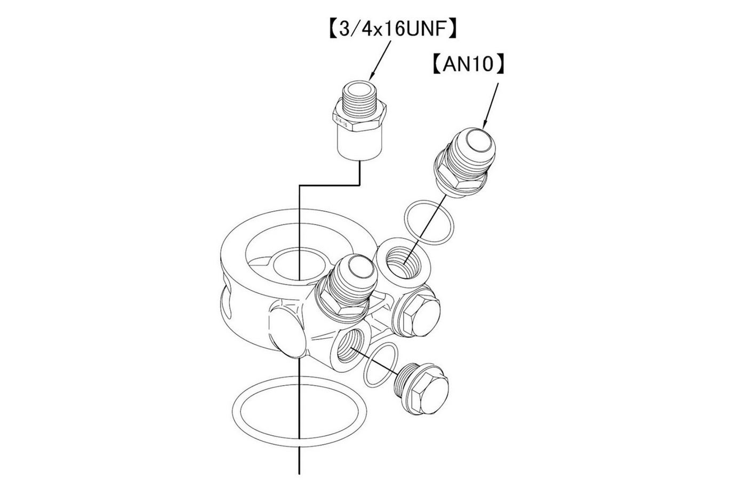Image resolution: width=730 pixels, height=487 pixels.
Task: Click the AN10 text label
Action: coord(468,64)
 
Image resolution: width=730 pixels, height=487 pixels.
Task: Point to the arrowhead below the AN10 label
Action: coord(485,125)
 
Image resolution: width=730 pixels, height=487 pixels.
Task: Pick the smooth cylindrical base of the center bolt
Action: coord(360,145)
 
